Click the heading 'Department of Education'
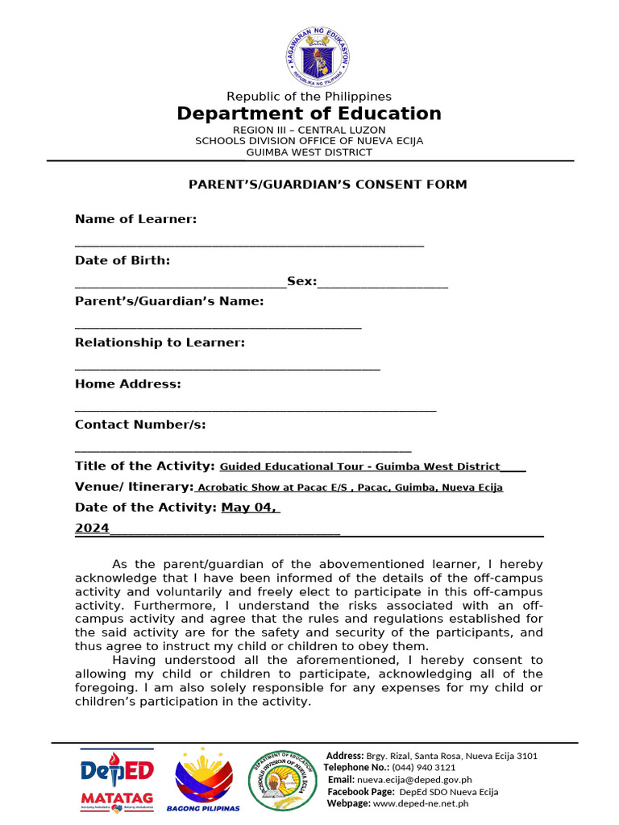pos(309,114)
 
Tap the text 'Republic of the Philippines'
pos(309,97)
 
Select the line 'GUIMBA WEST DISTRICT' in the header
pos(309,152)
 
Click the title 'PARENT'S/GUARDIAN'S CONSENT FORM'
pos(327,184)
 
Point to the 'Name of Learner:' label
pos(135,219)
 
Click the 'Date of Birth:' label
pos(123,260)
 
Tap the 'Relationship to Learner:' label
pos(160,342)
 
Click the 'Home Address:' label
pos(128,383)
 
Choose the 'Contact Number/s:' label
pos(140,425)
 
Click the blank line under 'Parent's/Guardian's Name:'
pos(218,325)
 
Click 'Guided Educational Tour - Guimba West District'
pos(359,466)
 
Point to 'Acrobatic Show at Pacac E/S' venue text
pos(274,487)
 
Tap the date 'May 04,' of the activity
pos(250,508)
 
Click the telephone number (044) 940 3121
pos(423,768)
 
